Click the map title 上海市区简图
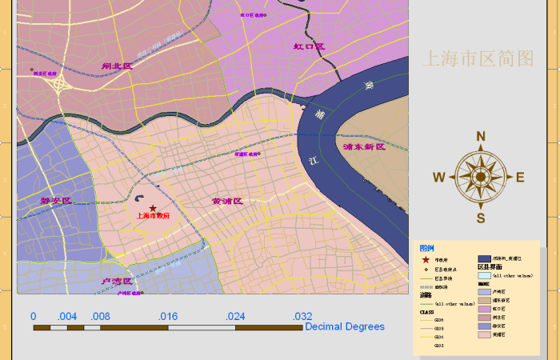tap(478, 58)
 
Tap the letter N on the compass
tap(481, 136)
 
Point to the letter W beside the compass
tap(439, 178)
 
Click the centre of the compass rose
tap(480, 178)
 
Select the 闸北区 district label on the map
tap(117, 66)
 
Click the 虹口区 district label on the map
tap(309, 47)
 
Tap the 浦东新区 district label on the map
tap(363, 147)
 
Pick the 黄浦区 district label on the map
tap(226, 202)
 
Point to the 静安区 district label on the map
tap(56, 201)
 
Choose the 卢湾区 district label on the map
tap(117, 282)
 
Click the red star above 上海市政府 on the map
tap(153, 209)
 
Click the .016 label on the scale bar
tap(168, 316)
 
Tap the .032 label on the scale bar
tap(302, 316)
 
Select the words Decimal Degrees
tap(345, 326)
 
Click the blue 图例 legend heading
tap(427, 248)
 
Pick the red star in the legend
tap(426, 260)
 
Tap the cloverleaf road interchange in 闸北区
tap(58, 83)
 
